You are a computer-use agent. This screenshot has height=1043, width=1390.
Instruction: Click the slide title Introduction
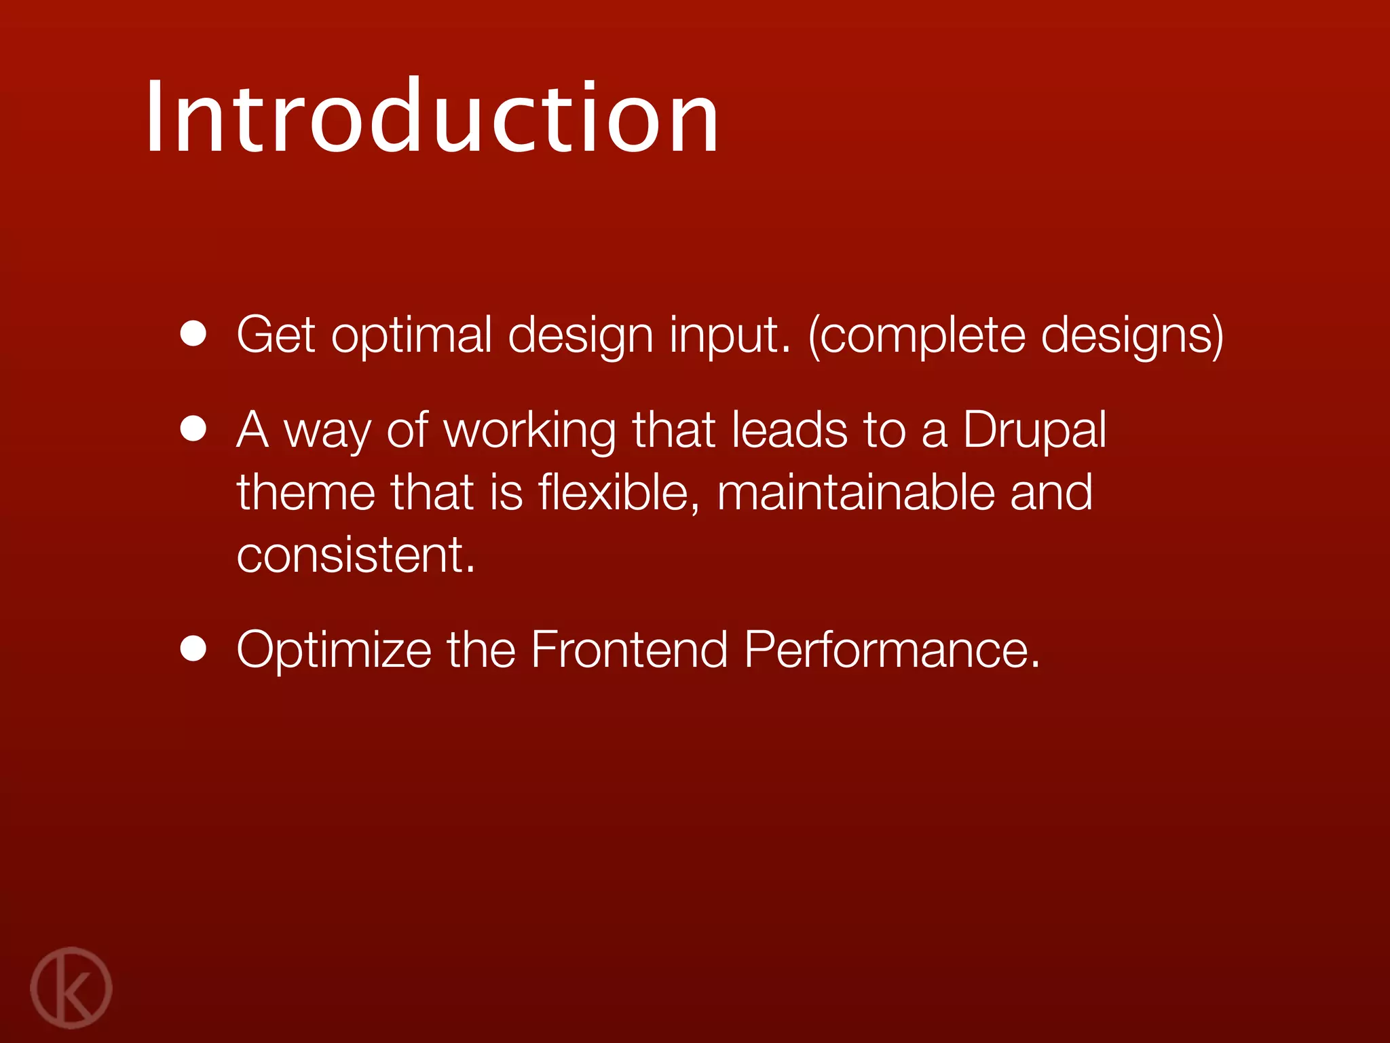(432, 117)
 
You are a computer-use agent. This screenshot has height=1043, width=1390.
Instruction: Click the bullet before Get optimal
(193, 334)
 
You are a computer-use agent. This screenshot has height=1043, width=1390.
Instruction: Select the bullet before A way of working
(193, 429)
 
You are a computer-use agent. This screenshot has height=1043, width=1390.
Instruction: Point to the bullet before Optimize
(193, 648)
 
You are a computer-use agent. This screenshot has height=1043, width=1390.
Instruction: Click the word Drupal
(1034, 431)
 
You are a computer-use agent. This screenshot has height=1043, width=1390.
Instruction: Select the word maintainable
(855, 492)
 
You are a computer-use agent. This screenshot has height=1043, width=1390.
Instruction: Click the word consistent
(355, 555)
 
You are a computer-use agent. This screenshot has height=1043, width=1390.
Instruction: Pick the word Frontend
(628, 650)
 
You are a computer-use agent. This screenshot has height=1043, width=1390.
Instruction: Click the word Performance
(890, 650)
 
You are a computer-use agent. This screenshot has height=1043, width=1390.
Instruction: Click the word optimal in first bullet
(411, 335)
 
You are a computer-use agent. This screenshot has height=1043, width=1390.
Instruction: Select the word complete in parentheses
(923, 335)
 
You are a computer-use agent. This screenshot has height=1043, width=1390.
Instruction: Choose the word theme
(305, 492)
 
